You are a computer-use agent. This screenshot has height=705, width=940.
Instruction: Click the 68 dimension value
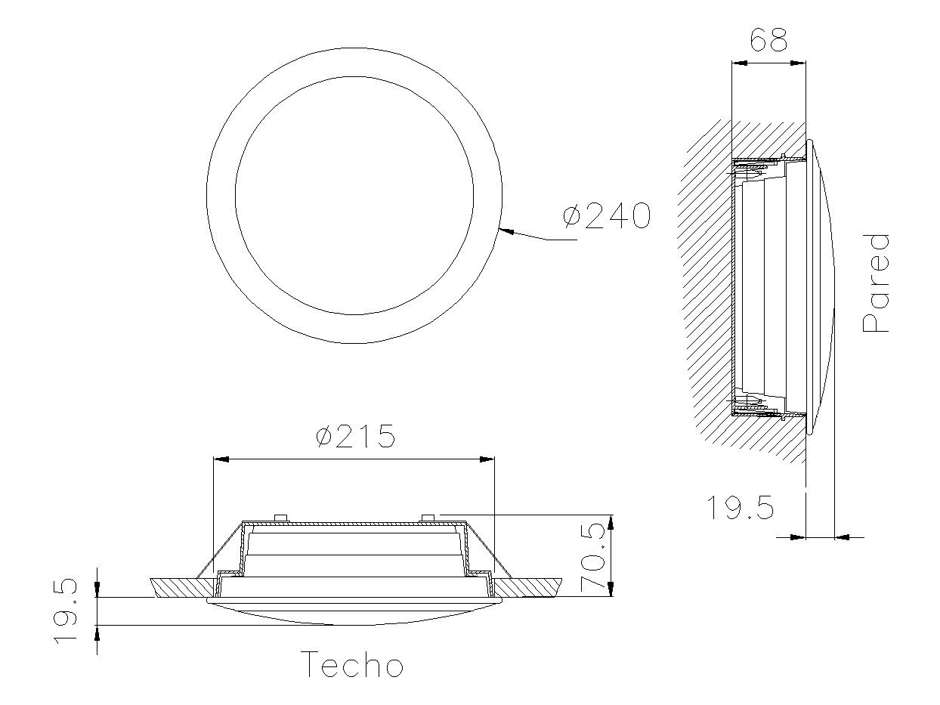coord(768,40)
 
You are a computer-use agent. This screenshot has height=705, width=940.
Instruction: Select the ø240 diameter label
coord(607,216)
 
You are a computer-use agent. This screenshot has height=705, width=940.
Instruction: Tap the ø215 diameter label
coord(355,436)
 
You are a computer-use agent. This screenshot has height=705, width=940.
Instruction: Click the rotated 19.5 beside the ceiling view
coord(66,611)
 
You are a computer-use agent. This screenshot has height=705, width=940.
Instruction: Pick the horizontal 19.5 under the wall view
coord(740,508)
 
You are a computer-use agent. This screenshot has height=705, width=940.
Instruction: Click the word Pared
coord(877,283)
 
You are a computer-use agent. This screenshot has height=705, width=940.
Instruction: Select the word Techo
coord(352,665)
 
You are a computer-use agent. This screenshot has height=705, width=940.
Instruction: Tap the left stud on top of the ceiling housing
coord(281,518)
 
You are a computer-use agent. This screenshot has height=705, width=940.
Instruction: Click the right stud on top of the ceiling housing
coord(428,518)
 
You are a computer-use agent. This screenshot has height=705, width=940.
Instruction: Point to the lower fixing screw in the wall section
coord(744,400)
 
